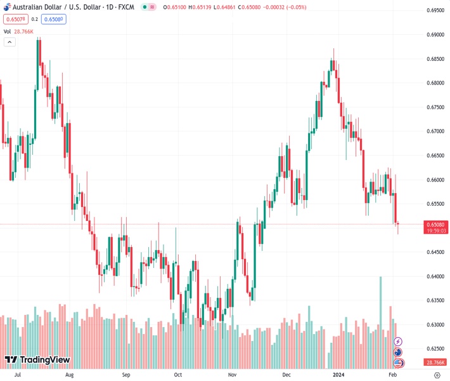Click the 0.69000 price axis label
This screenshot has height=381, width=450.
click(434, 35)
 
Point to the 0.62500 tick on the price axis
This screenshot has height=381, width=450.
click(434, 349)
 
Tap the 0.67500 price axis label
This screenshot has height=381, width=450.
click(434, 107)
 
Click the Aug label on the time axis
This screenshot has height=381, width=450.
click(70, 375)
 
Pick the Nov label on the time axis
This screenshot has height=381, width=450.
click(232, 375)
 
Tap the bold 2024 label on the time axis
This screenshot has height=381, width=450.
click(336, 375)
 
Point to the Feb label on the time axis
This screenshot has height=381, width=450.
click(392, 375)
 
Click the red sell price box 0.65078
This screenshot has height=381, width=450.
click(14, 19)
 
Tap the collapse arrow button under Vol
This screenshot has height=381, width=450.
click(10, 42)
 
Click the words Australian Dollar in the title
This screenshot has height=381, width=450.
click(34, 7)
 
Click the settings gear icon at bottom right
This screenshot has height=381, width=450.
click(437, 375)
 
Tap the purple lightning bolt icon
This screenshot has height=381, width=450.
click(398, 342)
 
